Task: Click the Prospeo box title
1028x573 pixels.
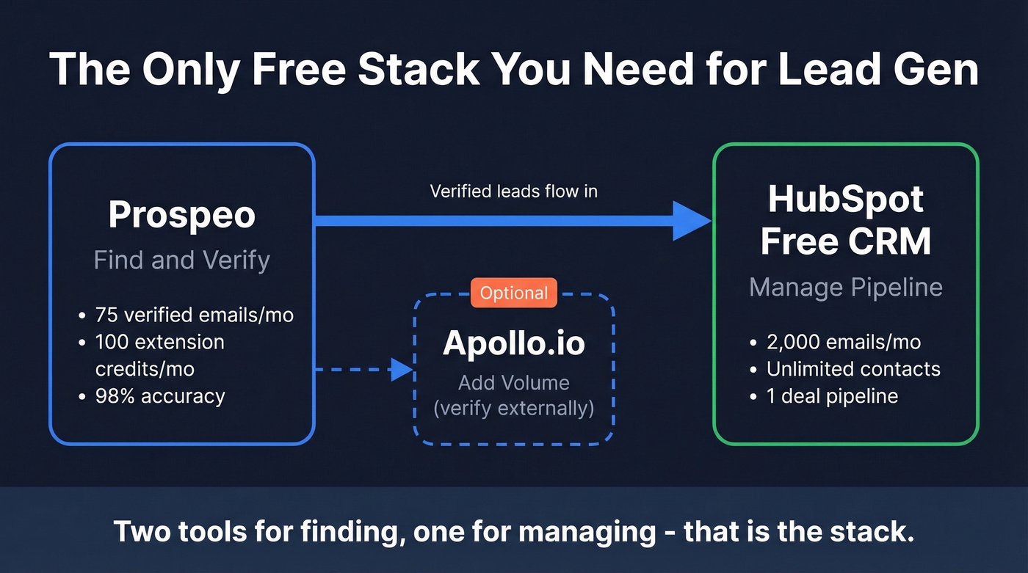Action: (182, 215)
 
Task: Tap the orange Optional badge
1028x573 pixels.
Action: (514, 293)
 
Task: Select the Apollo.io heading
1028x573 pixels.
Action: (514, 343)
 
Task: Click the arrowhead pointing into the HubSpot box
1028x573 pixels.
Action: (691, 221)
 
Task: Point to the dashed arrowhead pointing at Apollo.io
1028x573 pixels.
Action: (401, 370)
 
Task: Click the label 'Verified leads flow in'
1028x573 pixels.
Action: (513, 191)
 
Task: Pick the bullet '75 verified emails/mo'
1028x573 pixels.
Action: (194, 315)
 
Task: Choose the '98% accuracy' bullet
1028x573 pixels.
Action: (160, 396)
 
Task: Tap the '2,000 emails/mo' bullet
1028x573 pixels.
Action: (843, 342)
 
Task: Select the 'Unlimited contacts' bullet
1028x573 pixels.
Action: (853, 369)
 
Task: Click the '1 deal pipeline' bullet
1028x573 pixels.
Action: (832, 396)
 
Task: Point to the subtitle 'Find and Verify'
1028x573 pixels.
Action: (182, 260)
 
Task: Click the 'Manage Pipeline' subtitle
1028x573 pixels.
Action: (846, 287)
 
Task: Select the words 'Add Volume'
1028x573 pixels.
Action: (514, 382)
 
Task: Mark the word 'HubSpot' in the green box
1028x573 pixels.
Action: (846, 200)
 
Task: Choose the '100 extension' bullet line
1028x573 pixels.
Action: (160, 342)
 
